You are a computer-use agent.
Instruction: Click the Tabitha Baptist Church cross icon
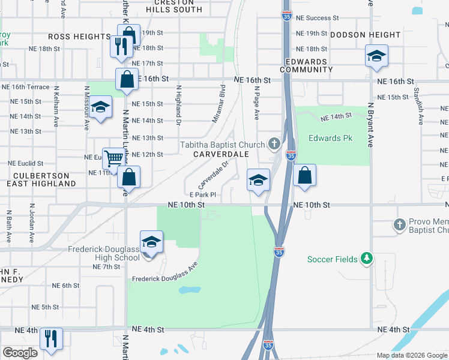coord(274,143)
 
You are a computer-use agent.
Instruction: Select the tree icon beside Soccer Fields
coord(366,259)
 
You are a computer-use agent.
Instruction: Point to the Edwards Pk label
coord(330,139)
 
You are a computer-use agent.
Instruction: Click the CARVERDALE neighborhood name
coord(221,154)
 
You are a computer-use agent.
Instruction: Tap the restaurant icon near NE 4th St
coord(51,339)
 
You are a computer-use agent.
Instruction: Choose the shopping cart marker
coord(113,159)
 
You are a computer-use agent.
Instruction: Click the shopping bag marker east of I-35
coord(305,176)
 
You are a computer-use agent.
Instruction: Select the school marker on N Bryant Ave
coord(376,57)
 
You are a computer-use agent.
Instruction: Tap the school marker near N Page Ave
coord(258,180)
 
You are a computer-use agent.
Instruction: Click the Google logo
coord(20,353)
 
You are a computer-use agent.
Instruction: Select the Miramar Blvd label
coord(218,103)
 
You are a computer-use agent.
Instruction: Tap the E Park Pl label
coord(202,194)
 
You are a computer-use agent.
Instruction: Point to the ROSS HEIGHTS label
coord(79,37)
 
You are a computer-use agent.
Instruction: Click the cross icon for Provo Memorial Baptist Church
coord(400,224)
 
